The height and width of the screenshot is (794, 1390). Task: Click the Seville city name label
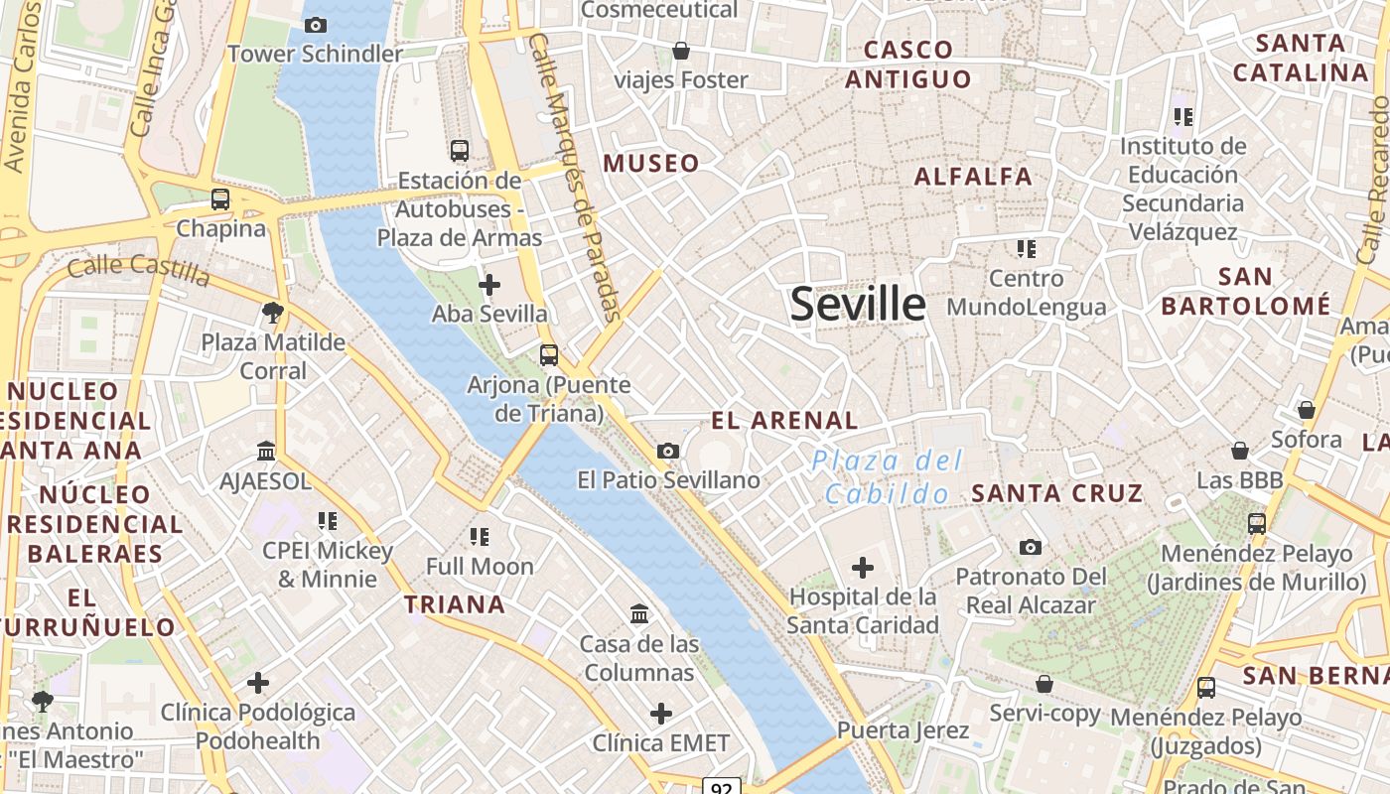point(858,304)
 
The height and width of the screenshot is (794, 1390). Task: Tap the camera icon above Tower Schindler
point(316,25)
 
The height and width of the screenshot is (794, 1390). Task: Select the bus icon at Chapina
point(220,199)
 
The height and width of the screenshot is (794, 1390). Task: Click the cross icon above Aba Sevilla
point(489,286)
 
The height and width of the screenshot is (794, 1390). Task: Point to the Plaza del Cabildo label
point(886,476)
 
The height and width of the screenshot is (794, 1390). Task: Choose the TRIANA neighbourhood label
point(455,603)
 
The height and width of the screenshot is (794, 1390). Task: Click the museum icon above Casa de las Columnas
point(639,614)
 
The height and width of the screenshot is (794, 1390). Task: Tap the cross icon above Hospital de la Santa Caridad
point(863,568)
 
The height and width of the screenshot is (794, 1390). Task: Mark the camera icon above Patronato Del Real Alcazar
point(1031,547)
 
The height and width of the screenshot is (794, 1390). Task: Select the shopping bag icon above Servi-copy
point(1044,684)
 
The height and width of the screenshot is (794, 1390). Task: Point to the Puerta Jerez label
point(903,730)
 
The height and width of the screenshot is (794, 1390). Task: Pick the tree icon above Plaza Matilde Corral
point(272,314)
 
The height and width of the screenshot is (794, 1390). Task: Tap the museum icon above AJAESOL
point(266,452)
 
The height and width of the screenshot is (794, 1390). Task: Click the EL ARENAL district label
point(784,420)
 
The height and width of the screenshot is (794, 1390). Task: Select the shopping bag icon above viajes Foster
point(681,50)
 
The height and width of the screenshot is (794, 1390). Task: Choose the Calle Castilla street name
point(139,268)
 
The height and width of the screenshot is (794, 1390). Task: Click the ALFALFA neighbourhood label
point(973,177)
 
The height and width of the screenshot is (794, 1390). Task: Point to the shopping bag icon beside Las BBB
point(1240,451)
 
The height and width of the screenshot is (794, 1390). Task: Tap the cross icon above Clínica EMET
point(661,714)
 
